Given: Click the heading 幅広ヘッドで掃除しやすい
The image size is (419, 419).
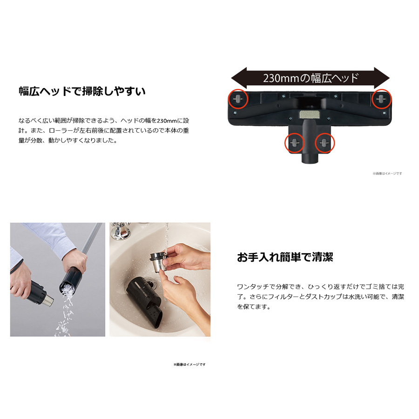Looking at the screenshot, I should pyautogui.click(x=81, y=91).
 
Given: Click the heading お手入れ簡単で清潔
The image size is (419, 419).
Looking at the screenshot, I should pyautogui.click(x=285, y=257).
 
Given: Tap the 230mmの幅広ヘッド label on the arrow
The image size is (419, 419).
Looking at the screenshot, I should pyautogui.click(x=311, y=78).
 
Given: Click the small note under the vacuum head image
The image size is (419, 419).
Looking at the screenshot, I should pyautogui.click(x=387, y=174).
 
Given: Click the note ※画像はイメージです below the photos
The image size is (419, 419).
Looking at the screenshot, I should pyautogui.click(x=189, y=365).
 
